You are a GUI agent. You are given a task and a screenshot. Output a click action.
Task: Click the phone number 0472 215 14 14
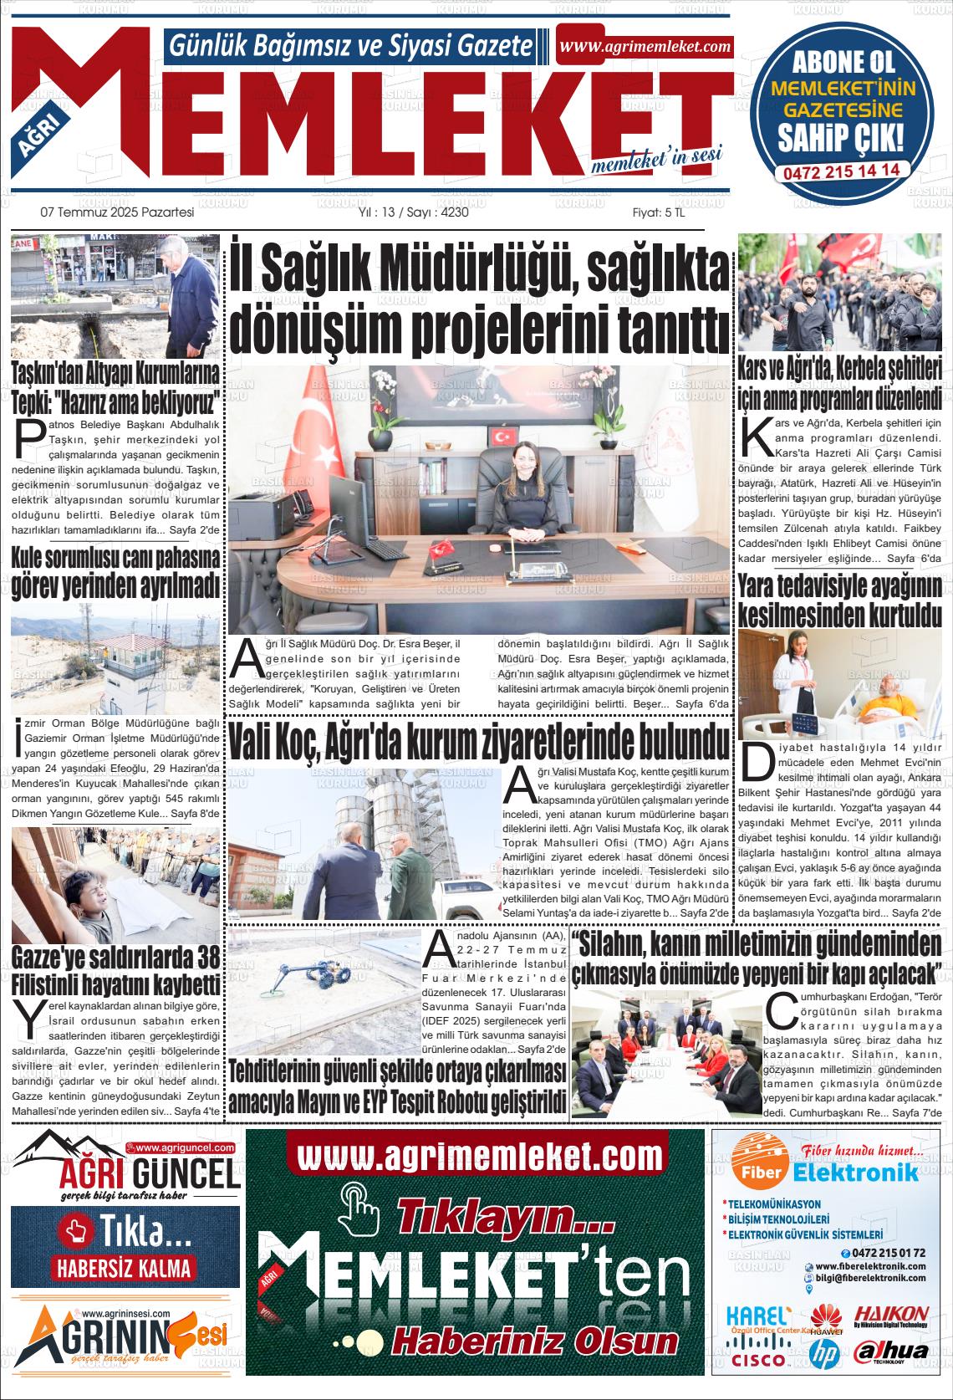click(x=841, y=170)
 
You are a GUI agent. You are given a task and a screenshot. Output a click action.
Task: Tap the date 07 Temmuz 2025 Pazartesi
click(x=118, y=212)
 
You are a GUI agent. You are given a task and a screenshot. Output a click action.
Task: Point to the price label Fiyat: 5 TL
click(x=658, y=212)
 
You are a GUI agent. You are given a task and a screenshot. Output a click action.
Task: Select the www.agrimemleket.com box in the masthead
click(x=645, y=47)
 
